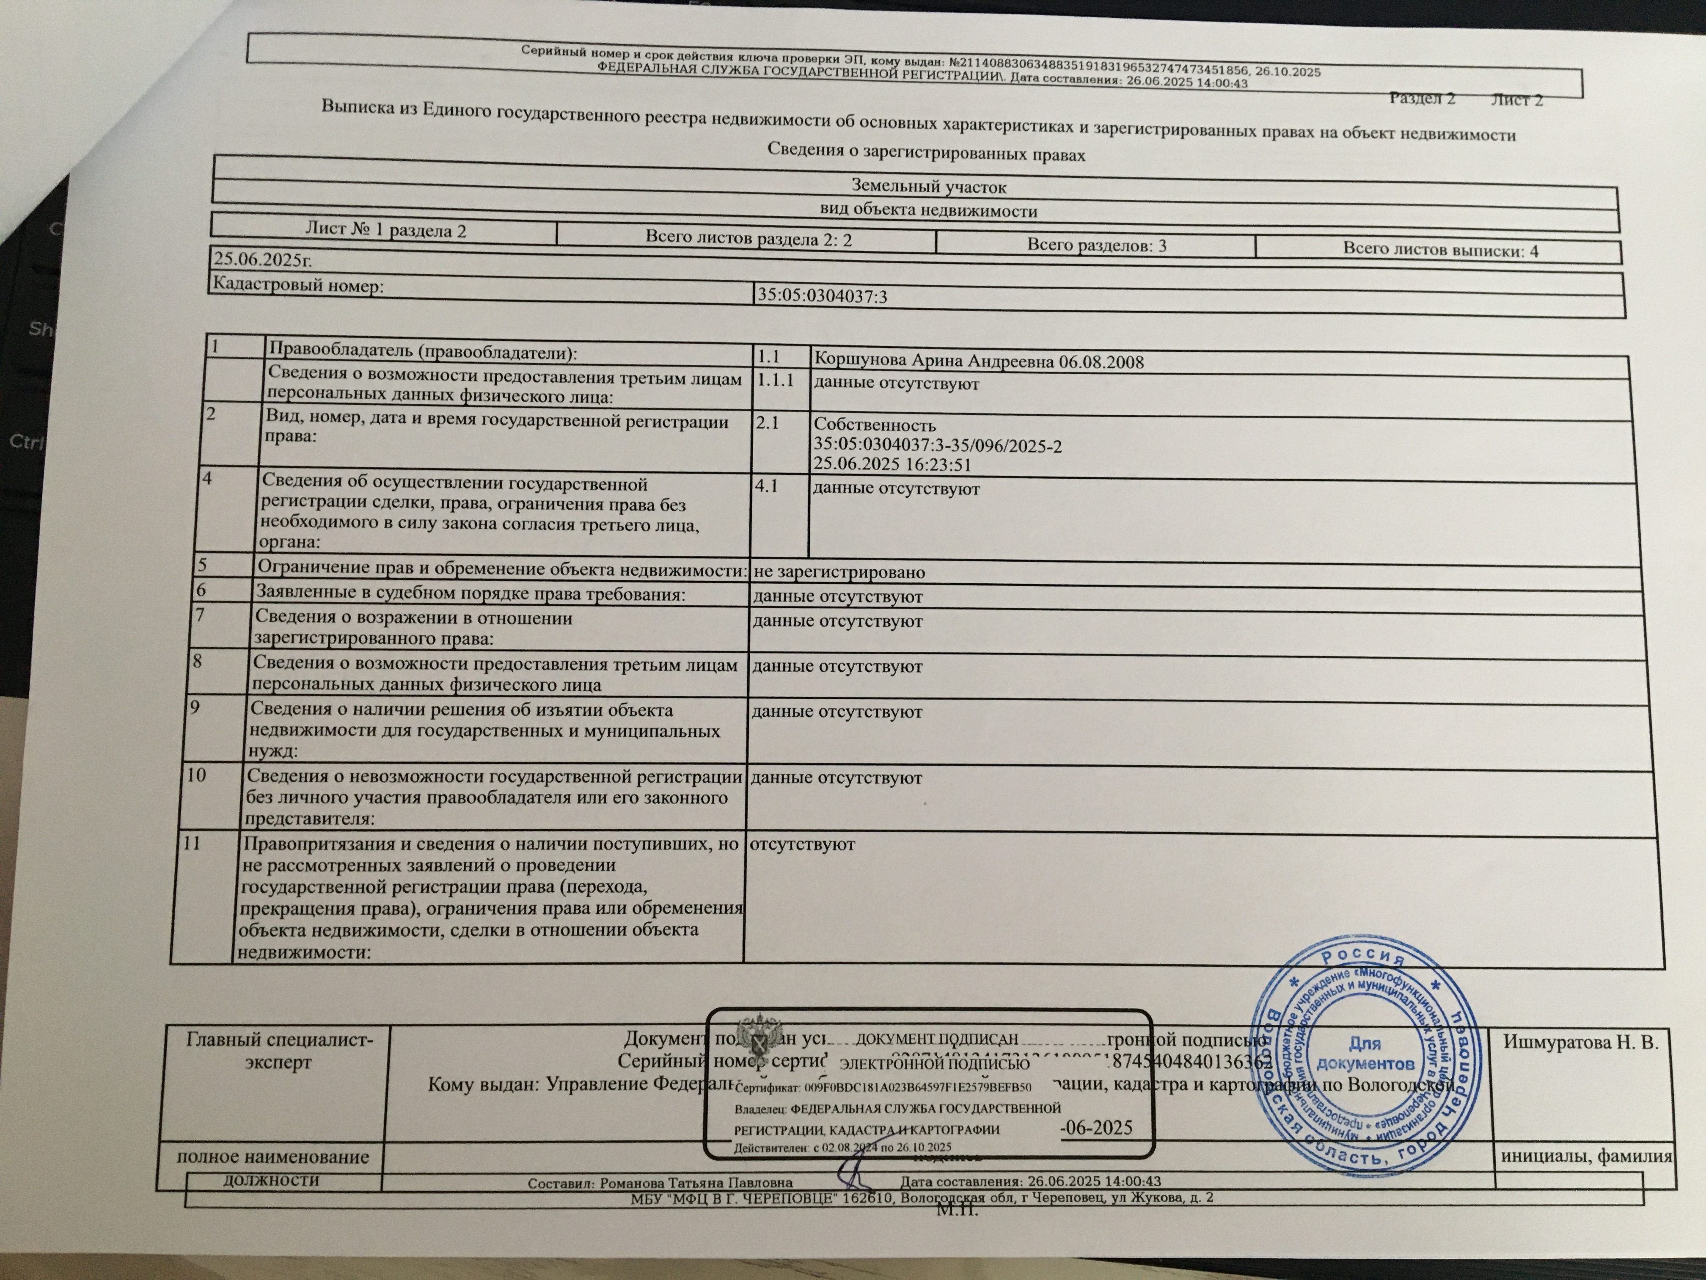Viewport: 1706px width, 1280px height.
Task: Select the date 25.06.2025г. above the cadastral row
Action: (x=262, y=259)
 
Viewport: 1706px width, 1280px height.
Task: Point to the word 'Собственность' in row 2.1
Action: (x=875, y=425)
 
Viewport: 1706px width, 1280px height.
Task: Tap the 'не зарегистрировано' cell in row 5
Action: (x=838, y=572)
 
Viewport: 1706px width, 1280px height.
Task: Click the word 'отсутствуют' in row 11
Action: (x=802, y=844)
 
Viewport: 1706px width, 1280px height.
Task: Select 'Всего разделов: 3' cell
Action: (x=1096, y=246)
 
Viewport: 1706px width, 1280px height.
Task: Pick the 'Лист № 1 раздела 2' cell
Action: (x=385, y=230)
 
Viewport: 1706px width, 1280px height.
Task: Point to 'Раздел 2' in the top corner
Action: (x=1422, y=98)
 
